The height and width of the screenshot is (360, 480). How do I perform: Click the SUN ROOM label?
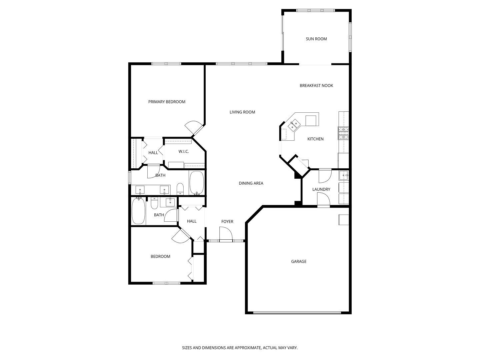316,39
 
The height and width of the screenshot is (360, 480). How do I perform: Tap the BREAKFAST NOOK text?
316,86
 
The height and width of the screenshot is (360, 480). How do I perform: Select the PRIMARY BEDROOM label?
167,102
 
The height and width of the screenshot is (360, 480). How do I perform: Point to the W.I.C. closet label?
183,152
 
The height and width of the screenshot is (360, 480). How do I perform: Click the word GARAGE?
299,262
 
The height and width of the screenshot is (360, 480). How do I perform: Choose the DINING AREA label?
251,183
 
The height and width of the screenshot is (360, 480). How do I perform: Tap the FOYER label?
227,222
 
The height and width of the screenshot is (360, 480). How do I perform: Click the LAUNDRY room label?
321,190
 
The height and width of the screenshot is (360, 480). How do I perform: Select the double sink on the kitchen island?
294,125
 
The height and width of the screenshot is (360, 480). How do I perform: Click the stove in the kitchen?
343,133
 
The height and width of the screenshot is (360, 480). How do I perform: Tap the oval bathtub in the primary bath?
197,183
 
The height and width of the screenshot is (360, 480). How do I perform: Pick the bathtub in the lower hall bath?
138,211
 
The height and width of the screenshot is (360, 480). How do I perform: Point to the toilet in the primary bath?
180,189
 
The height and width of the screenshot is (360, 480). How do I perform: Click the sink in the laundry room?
343,175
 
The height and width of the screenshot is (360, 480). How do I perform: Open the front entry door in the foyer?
226,234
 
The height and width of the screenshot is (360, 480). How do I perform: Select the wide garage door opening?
297,313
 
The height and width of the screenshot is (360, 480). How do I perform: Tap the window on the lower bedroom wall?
166,283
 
